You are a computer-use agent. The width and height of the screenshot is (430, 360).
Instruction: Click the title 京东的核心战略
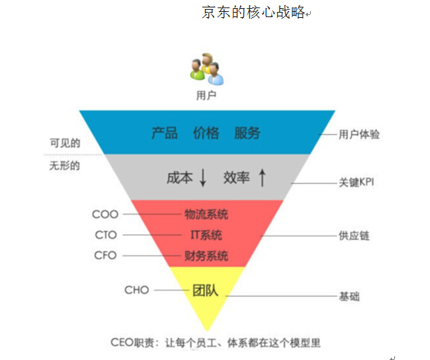tap(253, 13)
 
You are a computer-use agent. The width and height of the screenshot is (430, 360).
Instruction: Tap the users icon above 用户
tap(207, 69)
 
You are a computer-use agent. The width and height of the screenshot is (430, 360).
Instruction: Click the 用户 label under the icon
tap(206, 95)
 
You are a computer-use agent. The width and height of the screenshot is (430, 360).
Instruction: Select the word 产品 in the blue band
tap(164, 133)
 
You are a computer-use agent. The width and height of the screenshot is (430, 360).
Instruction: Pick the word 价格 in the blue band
tap(206, 133)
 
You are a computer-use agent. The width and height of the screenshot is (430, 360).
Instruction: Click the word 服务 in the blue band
tap(247, 133)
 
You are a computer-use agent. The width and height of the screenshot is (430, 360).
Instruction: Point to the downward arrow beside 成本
tap(203, 178)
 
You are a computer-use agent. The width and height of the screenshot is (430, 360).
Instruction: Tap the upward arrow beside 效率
tap(262, 177)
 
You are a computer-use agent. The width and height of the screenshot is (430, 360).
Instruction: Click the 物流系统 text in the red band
tap(206, 214)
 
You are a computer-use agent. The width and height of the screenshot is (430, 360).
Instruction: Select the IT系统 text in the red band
tap(206, 235)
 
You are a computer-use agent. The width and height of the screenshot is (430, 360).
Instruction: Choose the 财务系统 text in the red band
tap(206, 256)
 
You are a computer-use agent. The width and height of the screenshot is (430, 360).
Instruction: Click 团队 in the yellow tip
tap(205, 291)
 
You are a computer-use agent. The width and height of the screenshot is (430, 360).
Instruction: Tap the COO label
tap(105, 214)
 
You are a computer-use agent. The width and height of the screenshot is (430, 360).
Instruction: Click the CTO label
tap(106, 235)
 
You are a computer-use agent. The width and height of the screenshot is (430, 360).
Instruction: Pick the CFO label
tap(106, 256)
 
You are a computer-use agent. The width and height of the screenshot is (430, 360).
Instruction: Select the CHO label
tap(136, 290)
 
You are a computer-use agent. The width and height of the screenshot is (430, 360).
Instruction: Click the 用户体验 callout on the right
tap(359, 134)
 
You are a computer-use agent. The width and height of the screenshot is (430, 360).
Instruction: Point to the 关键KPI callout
tap(356, 183)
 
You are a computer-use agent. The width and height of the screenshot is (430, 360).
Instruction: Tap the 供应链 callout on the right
tap(354, 236)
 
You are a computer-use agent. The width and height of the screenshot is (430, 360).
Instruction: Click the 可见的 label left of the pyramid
tap(65, 143)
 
